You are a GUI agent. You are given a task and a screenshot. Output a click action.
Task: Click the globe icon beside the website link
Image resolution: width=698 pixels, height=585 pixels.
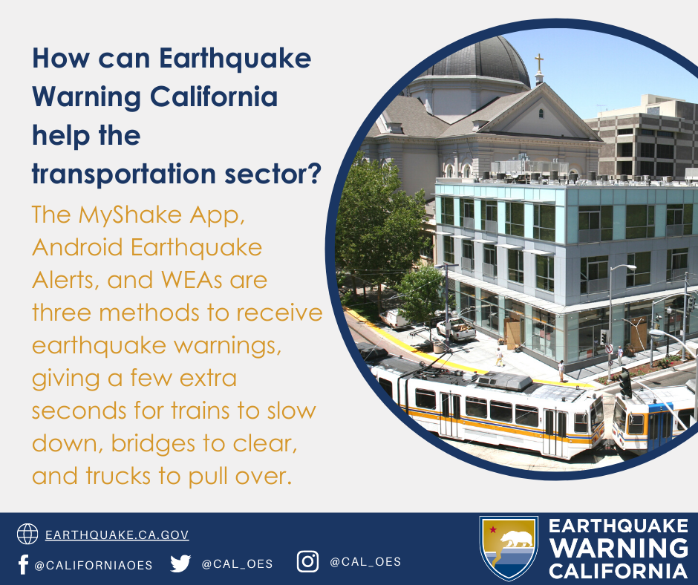pos(27,534)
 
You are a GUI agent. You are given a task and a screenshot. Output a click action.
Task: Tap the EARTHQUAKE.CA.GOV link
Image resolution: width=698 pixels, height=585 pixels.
pos(117,535)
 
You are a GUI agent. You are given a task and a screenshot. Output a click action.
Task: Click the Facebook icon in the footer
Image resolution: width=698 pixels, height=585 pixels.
pos(23,564)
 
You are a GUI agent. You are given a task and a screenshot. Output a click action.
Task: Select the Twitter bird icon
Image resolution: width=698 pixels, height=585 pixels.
pos(180,563)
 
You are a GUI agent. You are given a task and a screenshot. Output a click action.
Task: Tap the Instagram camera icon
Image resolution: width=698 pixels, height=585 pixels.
pos(307,561)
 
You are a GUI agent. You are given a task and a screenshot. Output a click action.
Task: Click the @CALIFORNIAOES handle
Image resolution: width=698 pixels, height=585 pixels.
pos(94,566)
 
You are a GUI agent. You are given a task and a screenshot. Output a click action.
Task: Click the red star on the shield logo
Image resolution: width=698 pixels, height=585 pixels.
pos(493,529)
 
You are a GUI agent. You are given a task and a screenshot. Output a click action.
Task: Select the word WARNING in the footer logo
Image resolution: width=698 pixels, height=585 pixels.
pos(619,548)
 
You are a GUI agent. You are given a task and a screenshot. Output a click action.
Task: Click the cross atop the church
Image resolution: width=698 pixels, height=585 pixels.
pos(539,63)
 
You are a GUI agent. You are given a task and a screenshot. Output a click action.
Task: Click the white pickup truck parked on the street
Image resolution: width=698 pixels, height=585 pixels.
pos(456,329)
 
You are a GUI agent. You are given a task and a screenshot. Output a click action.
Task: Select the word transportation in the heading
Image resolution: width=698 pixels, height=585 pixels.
pos(124,174)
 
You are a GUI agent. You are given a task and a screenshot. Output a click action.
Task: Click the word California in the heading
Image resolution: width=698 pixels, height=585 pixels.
pos(214,97)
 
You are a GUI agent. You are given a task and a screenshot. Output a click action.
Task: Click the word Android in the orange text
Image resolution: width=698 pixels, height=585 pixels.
pos(77,247)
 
